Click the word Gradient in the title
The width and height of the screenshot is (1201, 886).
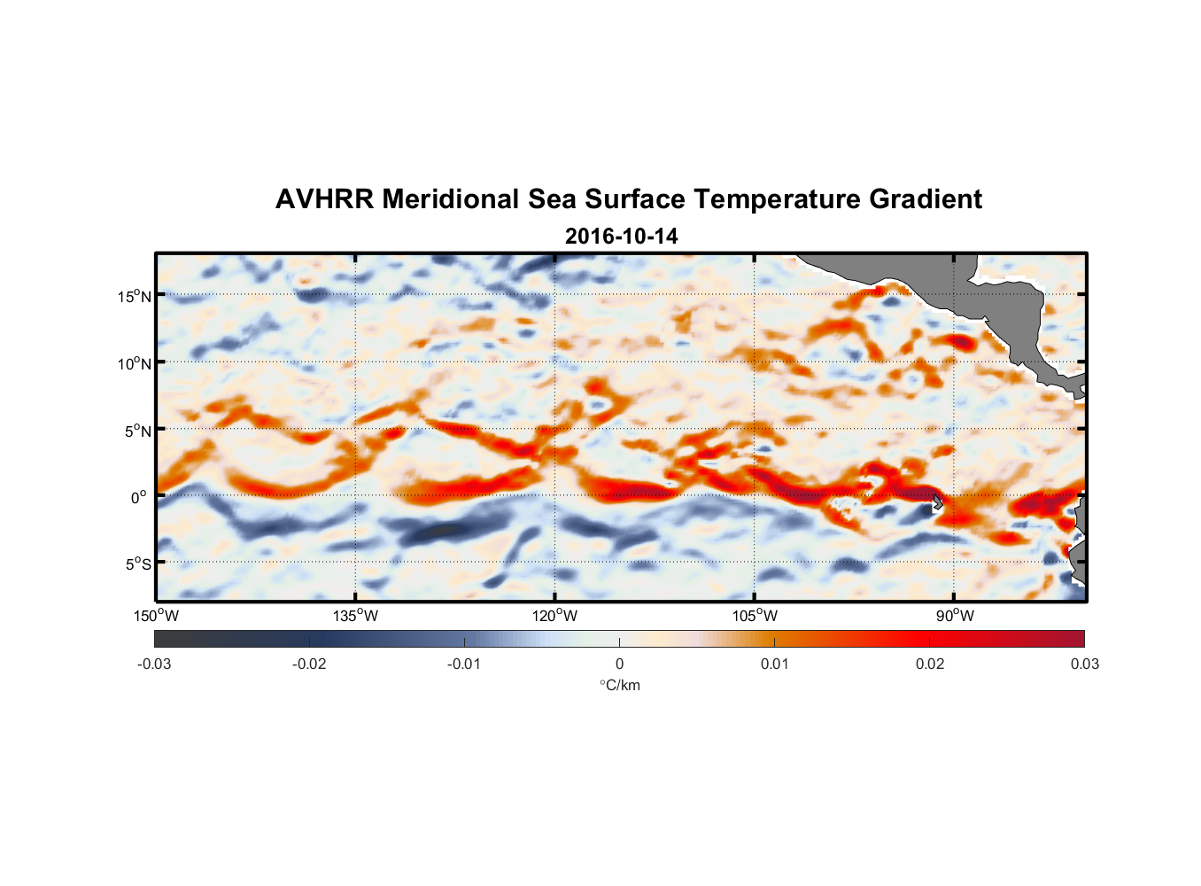pyautogui.click(x=925, y=199)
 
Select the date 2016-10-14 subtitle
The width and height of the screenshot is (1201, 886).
pyautogui.click(x=621, y=237)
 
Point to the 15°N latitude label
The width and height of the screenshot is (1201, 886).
pyautogui.click(x=135, y=296)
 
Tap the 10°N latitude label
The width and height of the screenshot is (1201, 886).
pyautogui.click(x=135, y=363)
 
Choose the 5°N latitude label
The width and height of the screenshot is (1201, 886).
pyautogui.click(x=137, y=431)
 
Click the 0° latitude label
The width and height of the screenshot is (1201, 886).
pyautogui.click(x=139, y=497)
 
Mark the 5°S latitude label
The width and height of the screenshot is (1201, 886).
pyautogui.click(x=137, y=563)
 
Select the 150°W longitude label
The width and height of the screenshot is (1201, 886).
pyautogui.click(x=157, y=616)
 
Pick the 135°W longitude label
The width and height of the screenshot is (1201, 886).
pyautogui.click(x=356, y=616)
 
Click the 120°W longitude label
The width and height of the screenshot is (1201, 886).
pyautogui.click(x=555, y=616)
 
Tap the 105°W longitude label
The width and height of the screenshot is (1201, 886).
pyautogui.click(x=755, y=616)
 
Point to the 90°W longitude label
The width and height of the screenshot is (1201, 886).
pyautogui.click(x=955, y=616)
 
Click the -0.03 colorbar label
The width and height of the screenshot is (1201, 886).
pyautogui.click(x=154, y=664)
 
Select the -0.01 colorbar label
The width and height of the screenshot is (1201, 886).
pyautogui.click(x=463, y=664)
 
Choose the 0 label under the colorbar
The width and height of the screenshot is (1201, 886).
pyautogui.click(x=619, y=664)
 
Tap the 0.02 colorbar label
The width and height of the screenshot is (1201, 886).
pyautogui.click(x=930, y=664)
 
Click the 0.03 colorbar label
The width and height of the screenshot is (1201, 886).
pyautogui.click(x=1084, y=664)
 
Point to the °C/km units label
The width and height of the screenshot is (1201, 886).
pyautogui.click(x=620, y=685)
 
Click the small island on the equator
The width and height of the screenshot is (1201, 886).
pyautogui.click(x=937, y=502)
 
